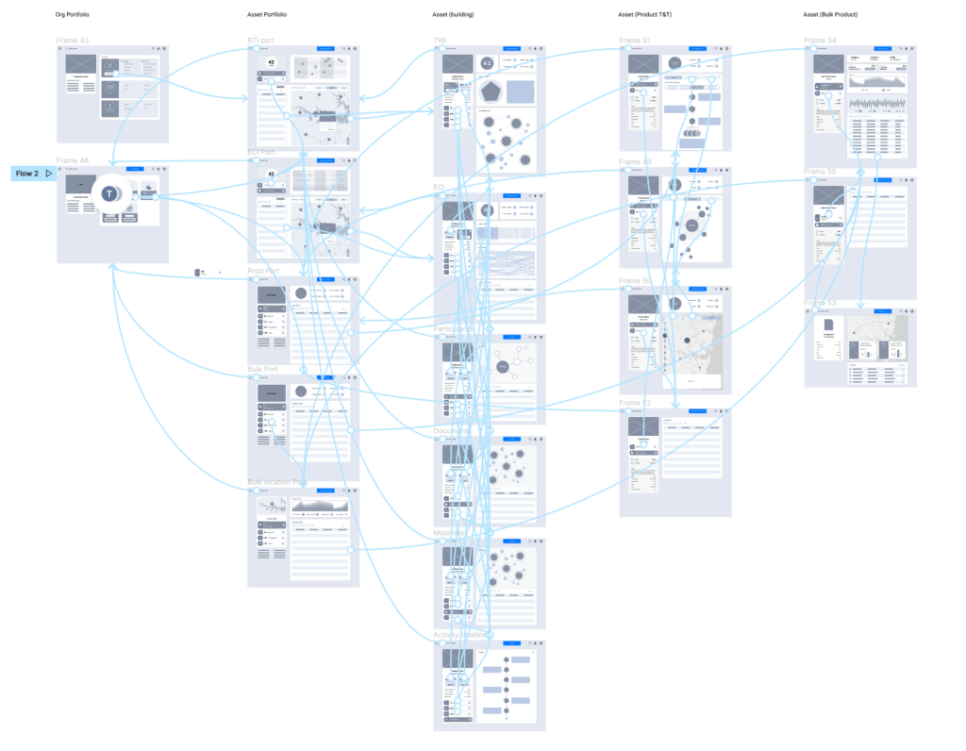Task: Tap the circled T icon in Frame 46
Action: (110, 193)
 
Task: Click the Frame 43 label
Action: (73, 41)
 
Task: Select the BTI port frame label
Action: (263, 42)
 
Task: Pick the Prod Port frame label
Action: (264, 272)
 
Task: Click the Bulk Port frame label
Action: (263, 369)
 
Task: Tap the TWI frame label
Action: (441, 42)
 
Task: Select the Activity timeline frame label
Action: (461, 635)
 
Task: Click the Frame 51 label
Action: (635, 41)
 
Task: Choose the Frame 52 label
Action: (635, 403)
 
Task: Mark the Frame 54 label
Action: (820, 41)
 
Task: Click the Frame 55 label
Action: (820, 172)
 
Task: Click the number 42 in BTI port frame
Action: (272, 62)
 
